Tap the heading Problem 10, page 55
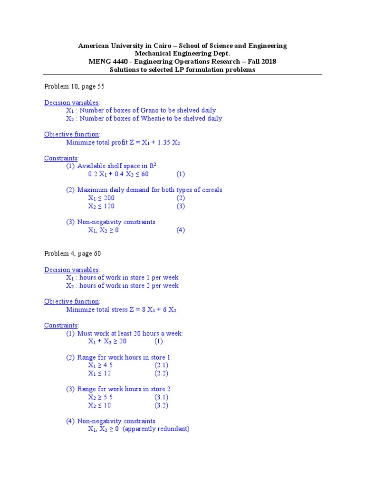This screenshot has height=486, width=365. pos(74,86)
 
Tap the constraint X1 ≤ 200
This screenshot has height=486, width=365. pos(101,198)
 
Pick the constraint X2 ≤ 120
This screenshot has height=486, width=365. pos(101,206)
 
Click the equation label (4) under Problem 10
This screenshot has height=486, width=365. pos(181,230)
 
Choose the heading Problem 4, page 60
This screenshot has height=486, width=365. pos(72,254)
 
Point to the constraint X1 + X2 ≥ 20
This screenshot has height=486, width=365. pos(107,341)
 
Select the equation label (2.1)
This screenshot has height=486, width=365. pos(161,365)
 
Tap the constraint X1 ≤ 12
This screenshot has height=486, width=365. pos(99,374)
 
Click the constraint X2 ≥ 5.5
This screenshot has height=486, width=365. pos(100,397)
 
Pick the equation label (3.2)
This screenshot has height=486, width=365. pos(161,405)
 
